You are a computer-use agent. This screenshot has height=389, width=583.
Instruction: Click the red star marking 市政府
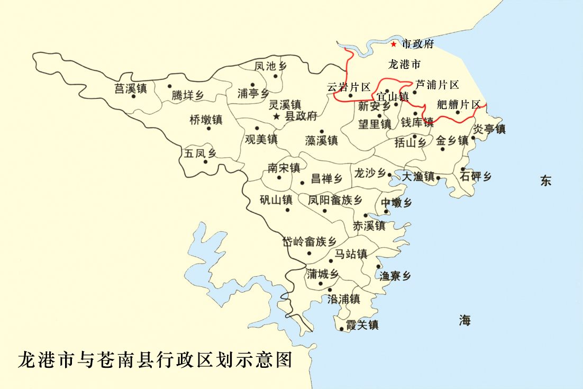394,44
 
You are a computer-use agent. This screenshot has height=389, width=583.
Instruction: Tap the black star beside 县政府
277,116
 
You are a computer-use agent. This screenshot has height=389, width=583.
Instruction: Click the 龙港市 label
404,65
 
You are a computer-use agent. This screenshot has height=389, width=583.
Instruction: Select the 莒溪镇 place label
131,88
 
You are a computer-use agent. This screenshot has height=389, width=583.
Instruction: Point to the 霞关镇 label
362,325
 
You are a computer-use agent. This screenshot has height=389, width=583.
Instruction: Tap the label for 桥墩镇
205,120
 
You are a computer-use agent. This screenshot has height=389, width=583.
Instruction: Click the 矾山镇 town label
276,200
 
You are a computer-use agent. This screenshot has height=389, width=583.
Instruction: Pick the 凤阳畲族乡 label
335,200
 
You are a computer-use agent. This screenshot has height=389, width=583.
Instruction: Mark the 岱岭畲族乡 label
309,242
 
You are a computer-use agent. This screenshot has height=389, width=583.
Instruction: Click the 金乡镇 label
452,141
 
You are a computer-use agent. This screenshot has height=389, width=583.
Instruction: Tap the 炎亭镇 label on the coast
489,129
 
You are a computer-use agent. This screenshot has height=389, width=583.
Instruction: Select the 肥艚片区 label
459,104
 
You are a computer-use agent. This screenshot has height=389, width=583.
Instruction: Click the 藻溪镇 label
322,140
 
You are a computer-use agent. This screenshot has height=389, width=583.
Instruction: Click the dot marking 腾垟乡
170,86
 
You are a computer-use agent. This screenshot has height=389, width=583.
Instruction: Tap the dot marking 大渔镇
438,178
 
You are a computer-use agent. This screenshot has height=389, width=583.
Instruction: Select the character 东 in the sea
546,181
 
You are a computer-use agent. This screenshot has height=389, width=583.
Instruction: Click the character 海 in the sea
465,320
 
